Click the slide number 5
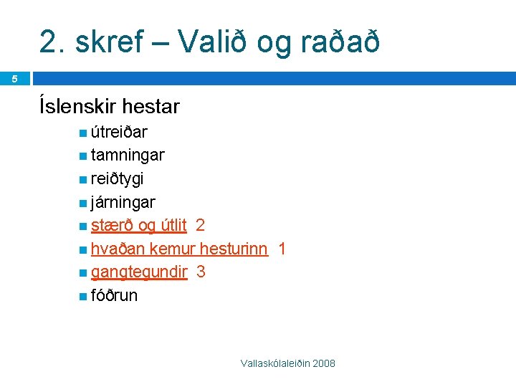click(x=14, y=78)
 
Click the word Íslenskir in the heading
click(x=79, y=107)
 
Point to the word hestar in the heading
click(x=151, y=107)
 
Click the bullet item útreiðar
click(x=119, y=132)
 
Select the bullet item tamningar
click(x=128, y=156)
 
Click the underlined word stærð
click(x=113, y=225)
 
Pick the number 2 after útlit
click(x=200, y=225)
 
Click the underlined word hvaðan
click(x=116, y=249)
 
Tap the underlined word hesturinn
click(x=234, y=249)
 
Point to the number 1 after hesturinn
click(x=282, y=249)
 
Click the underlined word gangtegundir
click(x=139, y=272)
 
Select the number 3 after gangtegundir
click(x=201, y=272)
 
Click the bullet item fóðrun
click(x=114, y=295)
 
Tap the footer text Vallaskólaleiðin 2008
click(x=287, y=364)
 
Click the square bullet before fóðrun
click(x=84, y=296)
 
